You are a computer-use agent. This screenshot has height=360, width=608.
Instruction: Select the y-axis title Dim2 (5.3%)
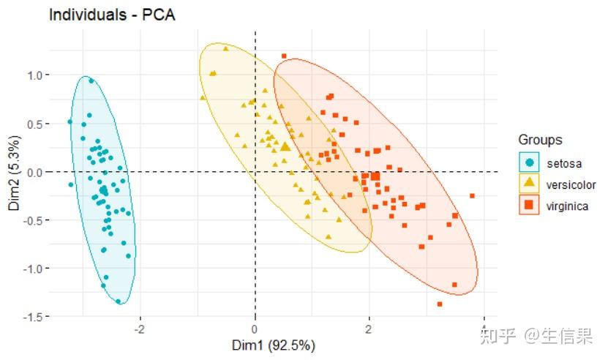click(x=14, y=173)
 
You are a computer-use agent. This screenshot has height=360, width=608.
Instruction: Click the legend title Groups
click(x=540, y=139)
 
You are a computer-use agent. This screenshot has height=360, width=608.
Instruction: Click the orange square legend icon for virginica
click(x=529, y=206)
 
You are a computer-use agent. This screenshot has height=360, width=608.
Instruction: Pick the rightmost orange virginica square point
click(x=472, y=195)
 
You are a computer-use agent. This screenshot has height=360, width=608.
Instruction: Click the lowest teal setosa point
click(x=118, y=301)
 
